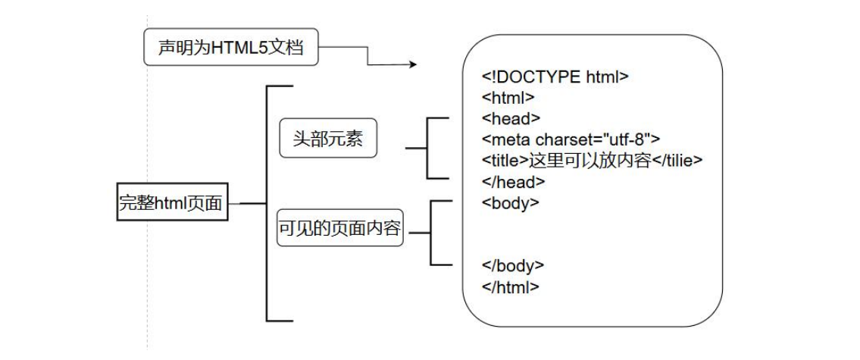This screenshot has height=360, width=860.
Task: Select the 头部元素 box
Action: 327,139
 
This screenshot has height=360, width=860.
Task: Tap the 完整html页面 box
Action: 173,202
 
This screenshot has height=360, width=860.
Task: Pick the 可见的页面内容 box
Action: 339,230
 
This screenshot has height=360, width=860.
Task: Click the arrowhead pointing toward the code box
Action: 413,65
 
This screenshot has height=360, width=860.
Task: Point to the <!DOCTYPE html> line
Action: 555,77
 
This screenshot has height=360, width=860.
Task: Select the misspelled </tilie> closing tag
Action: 677,161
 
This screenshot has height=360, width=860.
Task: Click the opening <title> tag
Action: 504,161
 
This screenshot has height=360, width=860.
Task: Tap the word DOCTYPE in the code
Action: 539,77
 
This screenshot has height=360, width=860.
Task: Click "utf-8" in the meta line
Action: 630,139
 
